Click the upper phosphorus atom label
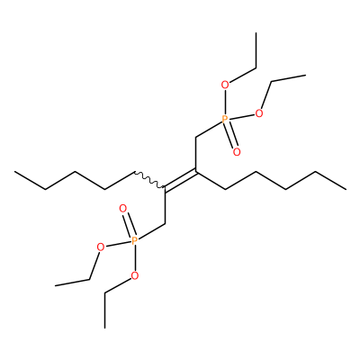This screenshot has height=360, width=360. [x=225, y=120]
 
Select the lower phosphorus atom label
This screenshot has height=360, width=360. [x=135, y=240]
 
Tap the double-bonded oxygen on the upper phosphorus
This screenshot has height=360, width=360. [x=237, y=152]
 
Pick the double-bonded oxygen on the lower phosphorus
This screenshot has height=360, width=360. [x=123, y=208]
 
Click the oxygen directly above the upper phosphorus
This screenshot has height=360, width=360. [x=225, y=85]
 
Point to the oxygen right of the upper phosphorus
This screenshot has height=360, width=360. [x=259, y=113]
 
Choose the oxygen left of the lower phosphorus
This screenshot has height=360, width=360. [x=101, y=247]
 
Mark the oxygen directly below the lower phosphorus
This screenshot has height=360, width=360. [x=135, y=275]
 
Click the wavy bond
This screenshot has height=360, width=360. [x=149, y=179]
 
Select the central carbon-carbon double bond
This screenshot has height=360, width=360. [x=180, y=181]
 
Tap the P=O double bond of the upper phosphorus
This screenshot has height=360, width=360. [x=231, y=137]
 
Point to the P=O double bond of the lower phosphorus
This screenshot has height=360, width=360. [x=129, y=224]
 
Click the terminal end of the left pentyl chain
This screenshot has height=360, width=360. [x=15, y=172]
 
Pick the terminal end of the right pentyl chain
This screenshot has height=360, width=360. [x=346, y=189]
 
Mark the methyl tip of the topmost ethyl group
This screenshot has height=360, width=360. [x=256, y=32]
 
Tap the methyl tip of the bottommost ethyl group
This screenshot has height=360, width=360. [x=104, y=328]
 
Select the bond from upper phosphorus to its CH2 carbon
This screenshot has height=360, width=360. [x=209, y=130]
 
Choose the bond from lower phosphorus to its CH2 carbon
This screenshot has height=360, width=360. [x=151, y=231]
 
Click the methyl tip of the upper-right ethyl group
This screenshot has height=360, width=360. [x=305, y=75]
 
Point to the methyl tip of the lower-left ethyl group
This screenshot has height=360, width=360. [x=56, y=285]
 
